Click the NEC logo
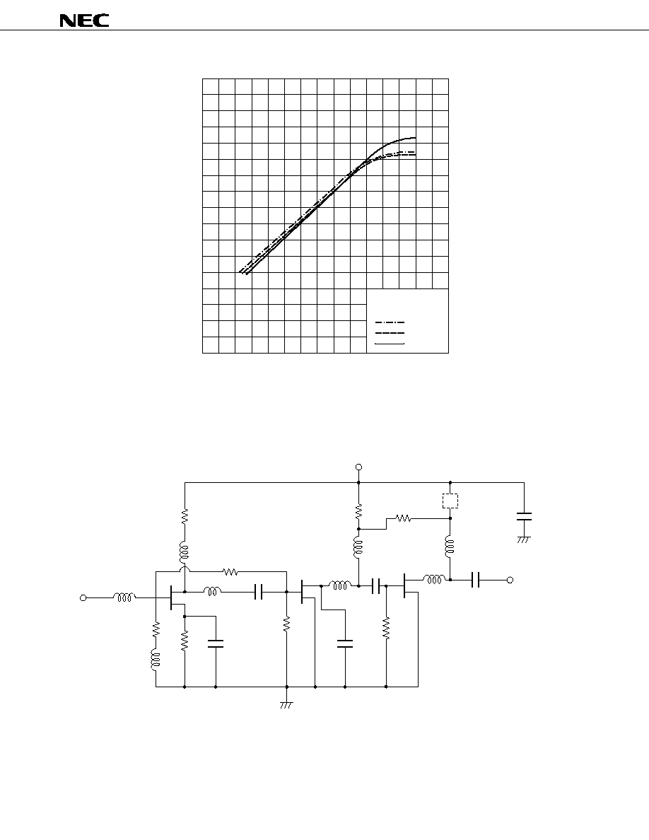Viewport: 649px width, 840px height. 84,21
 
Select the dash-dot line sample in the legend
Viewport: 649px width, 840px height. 390,323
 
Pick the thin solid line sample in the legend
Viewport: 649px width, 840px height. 390,344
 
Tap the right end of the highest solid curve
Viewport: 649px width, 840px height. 416,138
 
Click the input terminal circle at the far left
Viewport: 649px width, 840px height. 83,598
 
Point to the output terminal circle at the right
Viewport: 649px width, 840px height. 510,580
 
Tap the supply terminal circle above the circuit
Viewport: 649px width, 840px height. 358,467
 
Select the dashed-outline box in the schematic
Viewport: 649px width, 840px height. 450,501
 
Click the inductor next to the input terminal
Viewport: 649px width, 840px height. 124,596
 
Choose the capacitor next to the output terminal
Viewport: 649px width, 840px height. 476,580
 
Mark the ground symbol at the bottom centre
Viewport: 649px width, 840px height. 286,705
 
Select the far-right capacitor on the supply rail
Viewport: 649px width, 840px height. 525,516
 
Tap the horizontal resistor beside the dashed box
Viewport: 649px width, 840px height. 403,518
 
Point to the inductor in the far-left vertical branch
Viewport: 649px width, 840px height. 156,659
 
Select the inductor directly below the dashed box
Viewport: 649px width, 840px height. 450,546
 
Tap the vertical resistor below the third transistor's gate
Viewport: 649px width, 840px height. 386,628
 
